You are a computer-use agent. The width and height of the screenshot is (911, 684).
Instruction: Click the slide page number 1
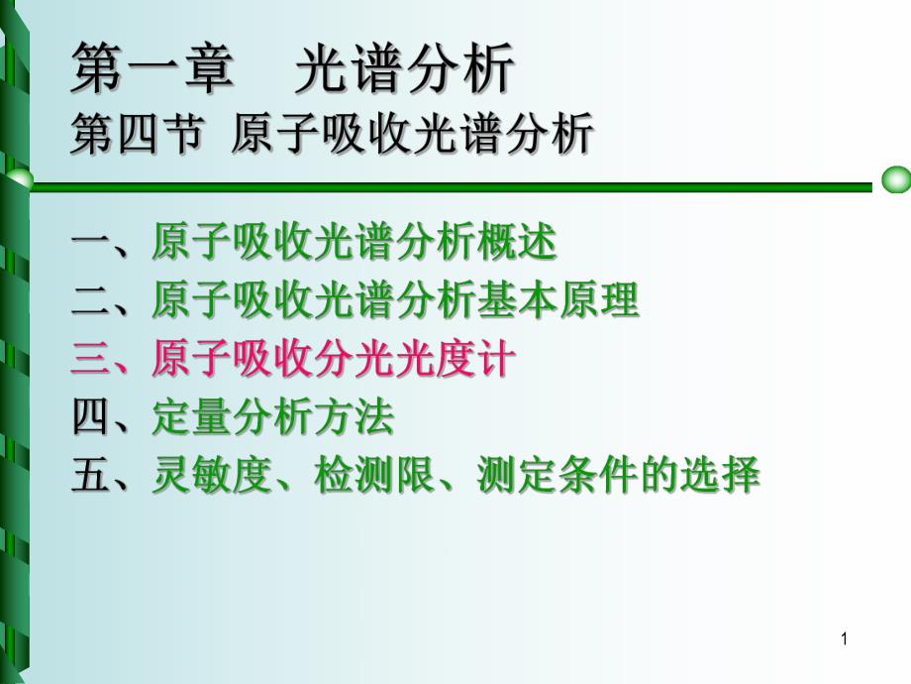coord(844,640)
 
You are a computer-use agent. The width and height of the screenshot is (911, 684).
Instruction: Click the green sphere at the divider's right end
coord(895,181)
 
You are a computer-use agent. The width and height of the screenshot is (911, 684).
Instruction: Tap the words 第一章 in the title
coord(153,71)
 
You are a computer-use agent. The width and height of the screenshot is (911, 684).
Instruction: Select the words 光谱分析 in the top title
coord(405,71)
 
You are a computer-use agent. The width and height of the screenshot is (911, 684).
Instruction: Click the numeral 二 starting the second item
coord(90,300)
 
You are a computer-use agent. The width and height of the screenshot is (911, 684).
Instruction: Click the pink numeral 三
coord(90,359)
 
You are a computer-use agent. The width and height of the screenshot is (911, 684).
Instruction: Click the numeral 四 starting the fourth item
coord(90,417)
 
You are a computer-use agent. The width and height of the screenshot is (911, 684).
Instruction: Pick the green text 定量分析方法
coord(273,417)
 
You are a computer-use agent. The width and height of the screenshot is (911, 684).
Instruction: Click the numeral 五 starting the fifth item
coord(90,476)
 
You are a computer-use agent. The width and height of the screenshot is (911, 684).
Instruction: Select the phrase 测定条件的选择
coord(618,476)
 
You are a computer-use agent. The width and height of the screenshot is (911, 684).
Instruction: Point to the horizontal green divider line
coord(446,183)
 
